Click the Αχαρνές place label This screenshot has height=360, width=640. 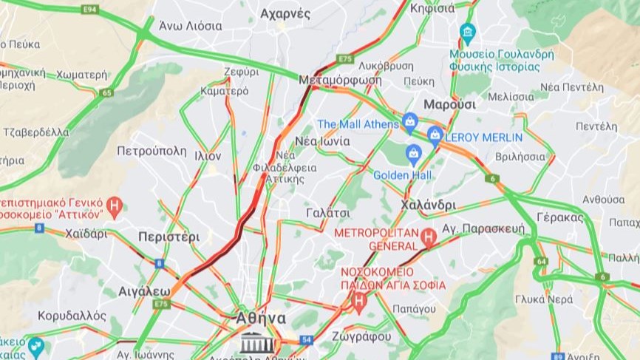click(x=285, y=13)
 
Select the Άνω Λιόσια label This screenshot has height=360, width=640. click(x=191, y=26)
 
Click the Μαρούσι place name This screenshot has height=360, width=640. click(x=449, y=104)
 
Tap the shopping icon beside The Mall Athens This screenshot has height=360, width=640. click(x=411, y=120)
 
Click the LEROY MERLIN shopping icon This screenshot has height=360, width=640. click(x=435, y=135)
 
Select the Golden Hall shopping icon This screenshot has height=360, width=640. click(x=413, y=154)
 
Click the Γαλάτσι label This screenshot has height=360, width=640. click(x=327, y=213)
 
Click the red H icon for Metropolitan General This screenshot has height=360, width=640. click(x=428, y=238)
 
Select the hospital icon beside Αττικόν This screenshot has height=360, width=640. click(x=114, y=206)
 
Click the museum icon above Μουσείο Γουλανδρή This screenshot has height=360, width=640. click(x=467, y=32)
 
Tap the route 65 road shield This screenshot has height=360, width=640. click(x=108, y=92)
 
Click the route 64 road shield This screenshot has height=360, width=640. click(x=541, y=261)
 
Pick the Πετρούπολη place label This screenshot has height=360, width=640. click(x=152, y=151)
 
